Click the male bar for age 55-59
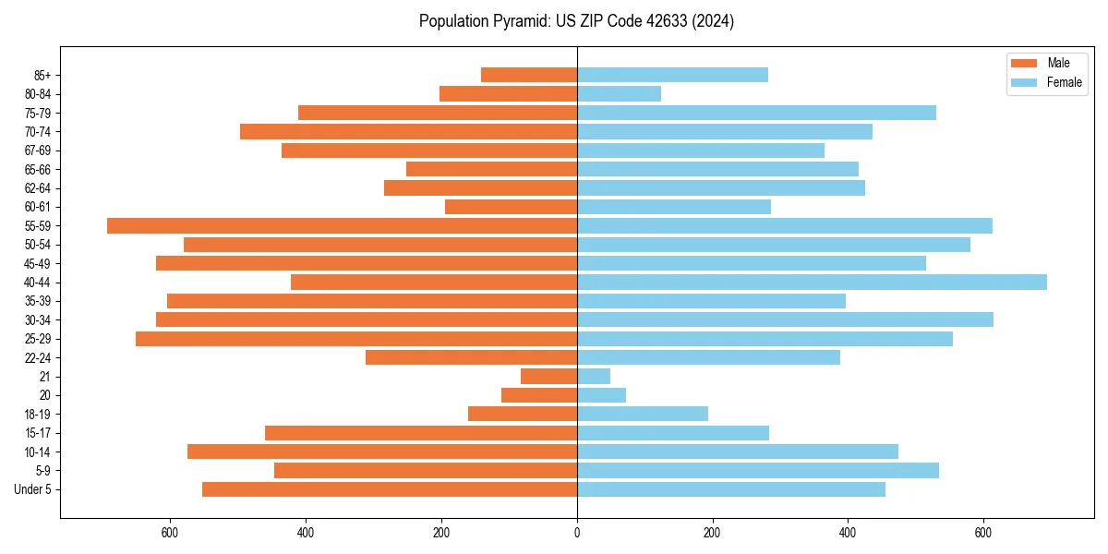point(342,225)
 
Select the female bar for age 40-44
point(812,282)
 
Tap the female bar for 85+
point(672,75)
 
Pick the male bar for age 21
point(548,376)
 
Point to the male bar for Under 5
point(390,489)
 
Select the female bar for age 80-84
point(619,93)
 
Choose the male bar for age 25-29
point(356,339)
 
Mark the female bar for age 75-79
point(756,113)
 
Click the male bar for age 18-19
point(523,414)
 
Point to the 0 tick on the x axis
point(577,533)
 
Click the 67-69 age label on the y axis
point(38,151)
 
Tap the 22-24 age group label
point(38,357)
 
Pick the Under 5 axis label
point(33,489)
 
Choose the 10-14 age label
point(38,452)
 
